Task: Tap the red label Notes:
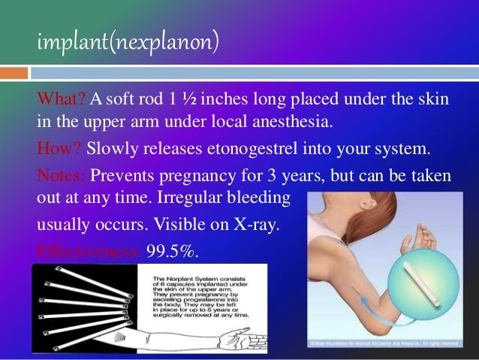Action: point(63,175)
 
